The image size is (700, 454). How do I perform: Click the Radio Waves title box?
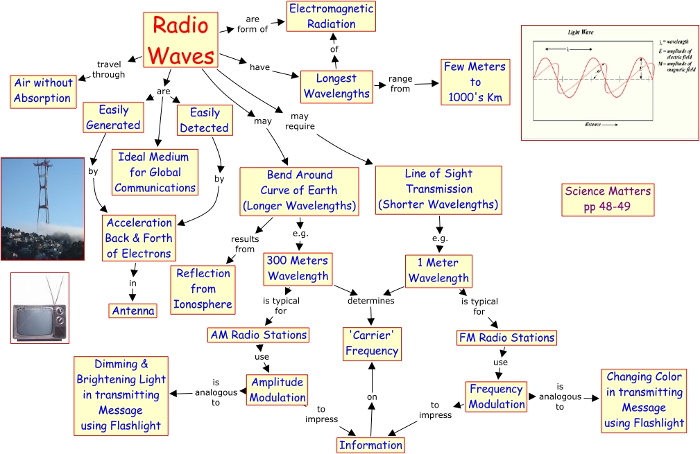pos(180,40)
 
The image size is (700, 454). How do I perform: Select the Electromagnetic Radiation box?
pos(331,17)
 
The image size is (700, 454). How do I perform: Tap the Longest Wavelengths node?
pos(336,86)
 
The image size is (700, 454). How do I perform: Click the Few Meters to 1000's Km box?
pos(475,82)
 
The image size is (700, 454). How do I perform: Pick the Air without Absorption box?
pos(42,90)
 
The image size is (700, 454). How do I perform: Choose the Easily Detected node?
pos(204,120)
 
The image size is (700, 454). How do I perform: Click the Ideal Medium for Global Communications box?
pos(155,172)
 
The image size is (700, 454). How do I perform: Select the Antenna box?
pos(133,311)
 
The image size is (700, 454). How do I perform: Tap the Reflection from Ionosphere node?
pos(203,288)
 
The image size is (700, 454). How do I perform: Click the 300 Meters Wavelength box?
pos(298,268)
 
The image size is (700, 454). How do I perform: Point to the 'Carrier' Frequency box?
pos(372,343)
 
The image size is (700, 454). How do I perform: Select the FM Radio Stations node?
pos(507,338)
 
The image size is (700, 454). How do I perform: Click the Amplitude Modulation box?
pos(277,390)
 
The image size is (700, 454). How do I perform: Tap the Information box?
pos(370,445)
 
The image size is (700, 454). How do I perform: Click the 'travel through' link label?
pos(108,69)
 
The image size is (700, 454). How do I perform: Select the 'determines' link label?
pos(370,301)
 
